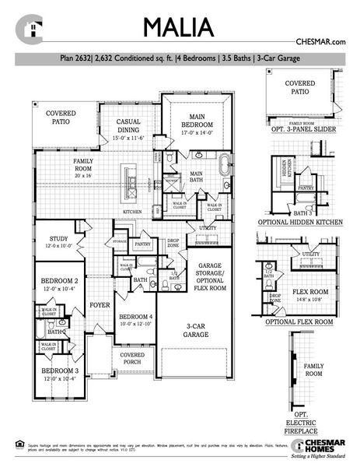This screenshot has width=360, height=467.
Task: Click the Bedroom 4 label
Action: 135,320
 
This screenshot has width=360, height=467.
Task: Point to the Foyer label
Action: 99,305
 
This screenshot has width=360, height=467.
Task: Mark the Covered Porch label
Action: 132,358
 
